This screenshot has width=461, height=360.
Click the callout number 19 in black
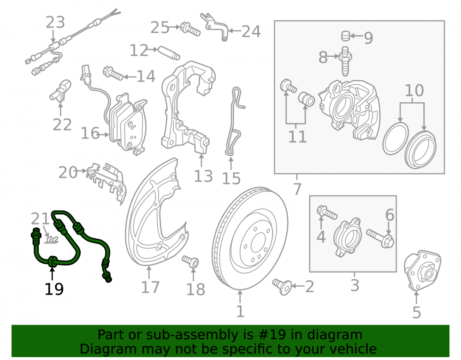(54, 289)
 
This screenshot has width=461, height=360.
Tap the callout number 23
(55, 23)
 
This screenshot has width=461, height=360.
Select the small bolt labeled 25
(190, 29)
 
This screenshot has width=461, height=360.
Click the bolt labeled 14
(113, 73)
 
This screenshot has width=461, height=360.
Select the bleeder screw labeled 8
(345, 61)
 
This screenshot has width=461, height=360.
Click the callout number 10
(414, 90)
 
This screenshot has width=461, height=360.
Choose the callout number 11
(297, 136)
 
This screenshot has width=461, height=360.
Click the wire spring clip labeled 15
(234, 121)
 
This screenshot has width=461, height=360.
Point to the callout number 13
(203, 177)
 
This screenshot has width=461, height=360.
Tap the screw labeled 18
(190, 261)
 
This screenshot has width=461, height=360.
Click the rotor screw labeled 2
(282, 287)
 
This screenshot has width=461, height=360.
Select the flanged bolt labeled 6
(380, 238)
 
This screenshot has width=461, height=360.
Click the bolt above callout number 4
(327, 212)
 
